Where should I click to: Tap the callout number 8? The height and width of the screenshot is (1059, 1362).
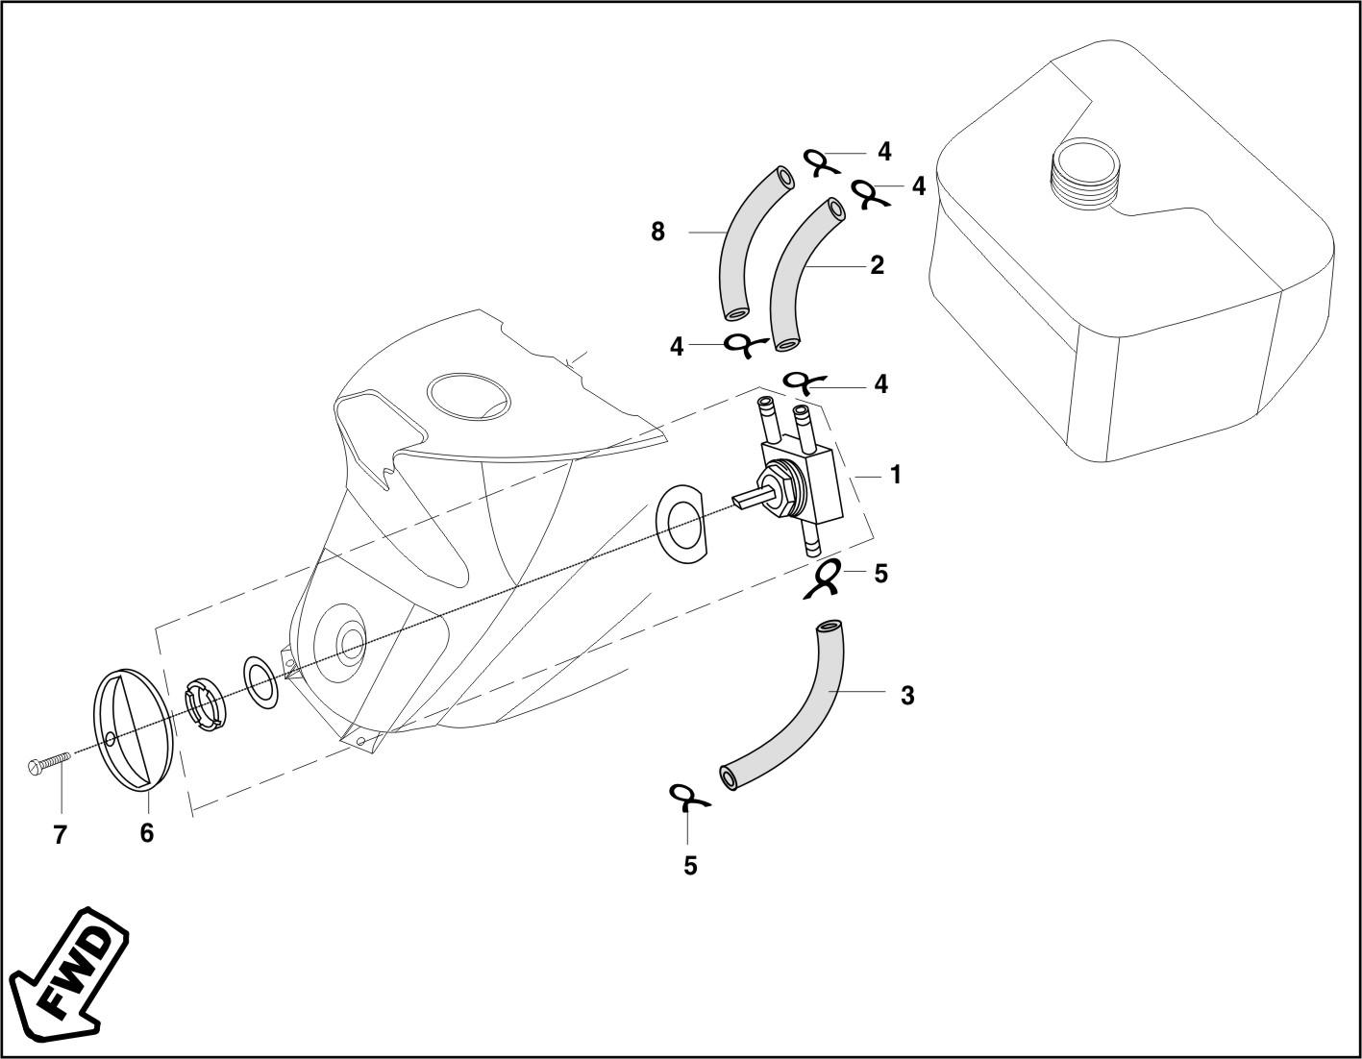[x=657, y=232]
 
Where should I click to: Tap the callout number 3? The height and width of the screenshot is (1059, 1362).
[x=907, y=696]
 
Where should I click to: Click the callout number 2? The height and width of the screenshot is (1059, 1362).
[x=877, y=265]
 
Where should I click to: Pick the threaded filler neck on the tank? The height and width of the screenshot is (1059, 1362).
[x=1083, y=172]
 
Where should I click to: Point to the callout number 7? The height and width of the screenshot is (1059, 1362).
[x=60, y=835]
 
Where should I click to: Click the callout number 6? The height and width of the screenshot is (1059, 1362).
[x=146, y=833]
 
